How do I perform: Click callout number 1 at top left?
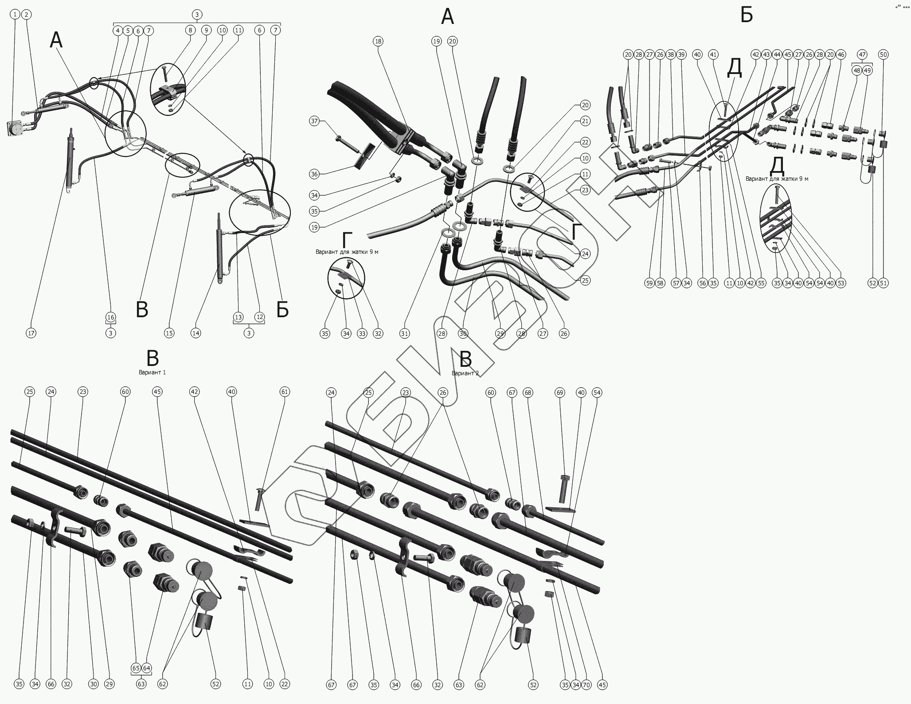[x=16, y=15]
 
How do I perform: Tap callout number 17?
[x=31, y=333]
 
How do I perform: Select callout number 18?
[x=378, y=41]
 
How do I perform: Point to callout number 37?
[x=314, y=121]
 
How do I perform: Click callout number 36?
[x=314, y=174]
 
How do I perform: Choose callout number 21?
[x=585, y=121]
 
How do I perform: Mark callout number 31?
[x=405, y=333]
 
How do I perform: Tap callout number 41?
[x=713, y=54]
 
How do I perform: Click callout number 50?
[x=884, y=54]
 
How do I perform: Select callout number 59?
[x=649, y=283]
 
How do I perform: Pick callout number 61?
[x=285, y=392]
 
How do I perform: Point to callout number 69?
[x=560, y=393]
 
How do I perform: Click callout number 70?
[x=586, y=685]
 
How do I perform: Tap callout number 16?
[x=111, y=317]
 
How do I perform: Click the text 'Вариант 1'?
[x=152, y=372]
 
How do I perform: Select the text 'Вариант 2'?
[x=465, y=373]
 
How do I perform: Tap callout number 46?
[x=841, y=54]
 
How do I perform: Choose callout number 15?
[x=169, y=333]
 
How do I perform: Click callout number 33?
[x=362, y=333]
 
